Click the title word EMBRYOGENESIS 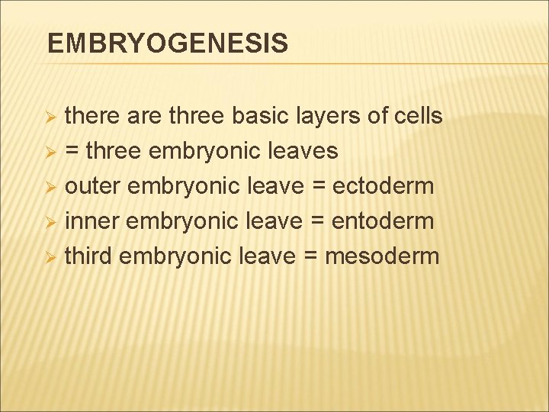[168, 43]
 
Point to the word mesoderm [382, 256]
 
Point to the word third [88, 256]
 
